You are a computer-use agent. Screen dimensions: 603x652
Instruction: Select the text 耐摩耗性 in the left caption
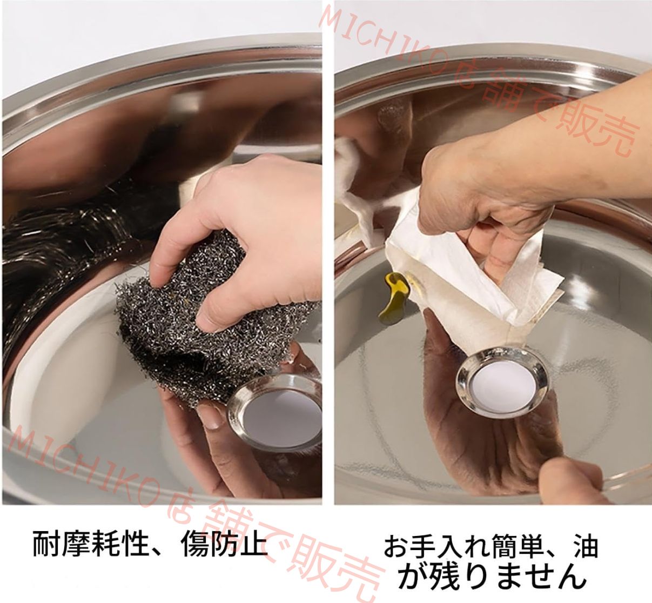coord(89,544)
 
